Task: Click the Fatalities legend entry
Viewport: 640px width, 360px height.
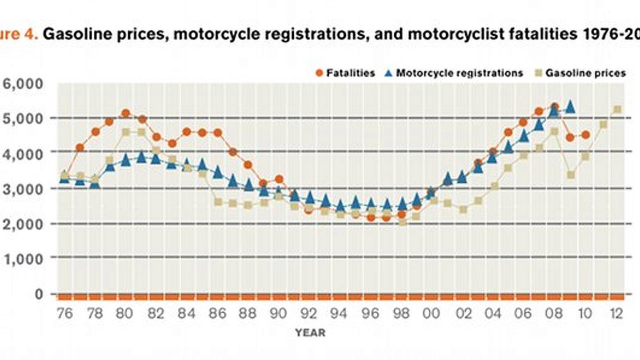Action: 346,73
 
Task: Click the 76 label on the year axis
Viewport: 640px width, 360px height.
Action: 64,314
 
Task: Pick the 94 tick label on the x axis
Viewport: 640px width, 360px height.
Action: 339,314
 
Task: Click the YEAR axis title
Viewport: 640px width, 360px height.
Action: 310,332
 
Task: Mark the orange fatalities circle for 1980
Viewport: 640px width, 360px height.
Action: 126,113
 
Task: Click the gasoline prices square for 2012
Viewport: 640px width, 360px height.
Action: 617,109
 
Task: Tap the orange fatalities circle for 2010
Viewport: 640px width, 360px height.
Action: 586,135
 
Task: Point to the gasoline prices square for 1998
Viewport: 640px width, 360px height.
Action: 402,222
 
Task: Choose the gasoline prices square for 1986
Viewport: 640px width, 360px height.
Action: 218,202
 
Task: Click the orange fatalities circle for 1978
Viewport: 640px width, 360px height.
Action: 95,132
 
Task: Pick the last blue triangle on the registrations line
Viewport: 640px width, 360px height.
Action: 570,107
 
